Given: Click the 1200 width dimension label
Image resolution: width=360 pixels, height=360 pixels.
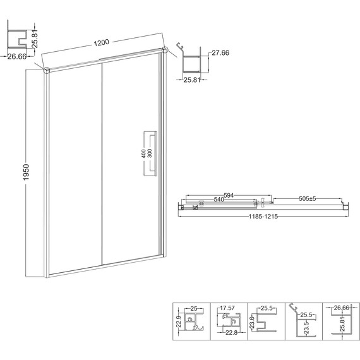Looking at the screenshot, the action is coord(101,43).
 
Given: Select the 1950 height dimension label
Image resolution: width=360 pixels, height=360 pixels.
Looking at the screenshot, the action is coord(27,172).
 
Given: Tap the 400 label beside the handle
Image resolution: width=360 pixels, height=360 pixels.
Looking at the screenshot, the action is coord(143,153).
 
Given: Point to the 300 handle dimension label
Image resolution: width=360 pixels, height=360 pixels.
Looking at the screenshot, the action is coord(150,153).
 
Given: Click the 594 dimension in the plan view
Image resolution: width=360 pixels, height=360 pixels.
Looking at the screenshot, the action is coord(229,195).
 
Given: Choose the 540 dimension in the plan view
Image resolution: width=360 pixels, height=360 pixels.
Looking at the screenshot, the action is coord(219,200).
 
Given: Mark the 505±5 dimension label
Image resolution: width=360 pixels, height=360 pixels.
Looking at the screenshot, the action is coord(308,198).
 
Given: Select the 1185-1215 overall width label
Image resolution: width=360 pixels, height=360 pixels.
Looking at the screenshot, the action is coord(263,217).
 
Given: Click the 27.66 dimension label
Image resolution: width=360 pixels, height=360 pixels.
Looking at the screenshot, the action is coord(220,53).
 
